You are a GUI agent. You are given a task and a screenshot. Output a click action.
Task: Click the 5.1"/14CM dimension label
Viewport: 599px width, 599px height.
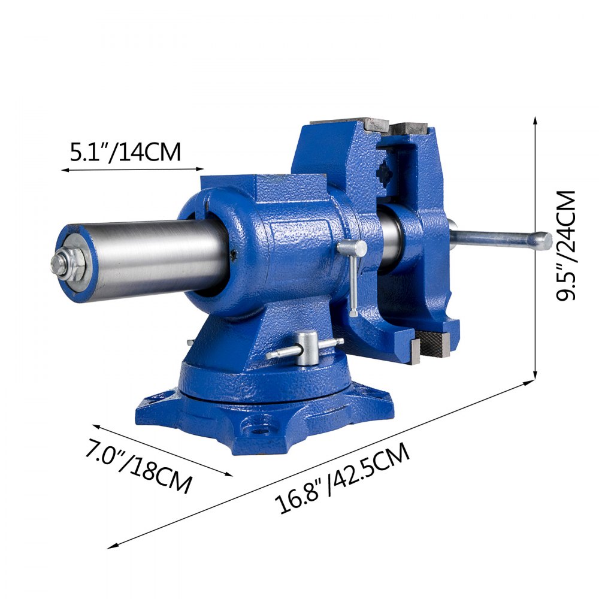(125, 152)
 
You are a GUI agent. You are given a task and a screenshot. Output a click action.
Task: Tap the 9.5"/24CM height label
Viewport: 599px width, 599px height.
(566, 246)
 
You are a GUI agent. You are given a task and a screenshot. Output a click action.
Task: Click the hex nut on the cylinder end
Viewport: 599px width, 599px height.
(60, 264)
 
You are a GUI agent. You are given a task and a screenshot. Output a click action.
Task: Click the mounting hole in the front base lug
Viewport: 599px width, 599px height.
(259, 427)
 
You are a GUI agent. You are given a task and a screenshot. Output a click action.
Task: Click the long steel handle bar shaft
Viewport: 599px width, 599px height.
(491, 239)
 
